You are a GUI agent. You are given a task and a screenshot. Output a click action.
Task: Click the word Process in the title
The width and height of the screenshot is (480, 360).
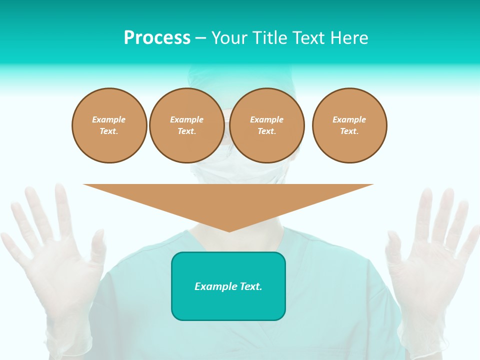pyautogui.click(x=157, y=38)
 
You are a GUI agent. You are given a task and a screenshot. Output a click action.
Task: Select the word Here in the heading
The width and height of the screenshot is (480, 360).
pyautogui.click(x=349, y=38)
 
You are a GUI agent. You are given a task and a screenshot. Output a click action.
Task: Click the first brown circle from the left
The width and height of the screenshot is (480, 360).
pyautogui.click(x=109, y=125)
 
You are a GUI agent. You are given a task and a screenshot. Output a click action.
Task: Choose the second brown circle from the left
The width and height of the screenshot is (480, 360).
pyautogui.click(x=186, y=125)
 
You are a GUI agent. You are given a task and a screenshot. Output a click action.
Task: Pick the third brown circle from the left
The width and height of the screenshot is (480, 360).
pyautogui.click(x=266, y=125)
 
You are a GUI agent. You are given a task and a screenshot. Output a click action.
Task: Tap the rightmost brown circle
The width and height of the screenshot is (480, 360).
pyautogui.click(x=349, y=125)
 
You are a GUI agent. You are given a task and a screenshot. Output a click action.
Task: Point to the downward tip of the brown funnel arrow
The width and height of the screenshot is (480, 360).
pyautogui.click(x=229, y=230)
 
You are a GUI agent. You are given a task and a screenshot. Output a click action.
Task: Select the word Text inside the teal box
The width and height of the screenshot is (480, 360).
pyautogui.click(x=250, y=286)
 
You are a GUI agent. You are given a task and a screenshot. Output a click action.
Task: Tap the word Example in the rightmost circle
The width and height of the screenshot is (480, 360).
pyautogui.click(x=349, y=119)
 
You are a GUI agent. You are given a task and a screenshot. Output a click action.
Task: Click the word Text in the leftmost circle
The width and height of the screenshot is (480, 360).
pyautogui.click(x=108, y=131)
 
